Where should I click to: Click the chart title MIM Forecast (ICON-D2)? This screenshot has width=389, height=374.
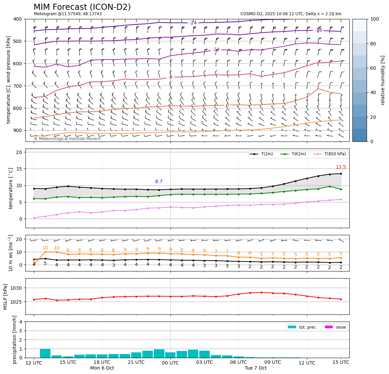tap(82, 7)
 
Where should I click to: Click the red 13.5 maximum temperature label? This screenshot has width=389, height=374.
tap(341, 167)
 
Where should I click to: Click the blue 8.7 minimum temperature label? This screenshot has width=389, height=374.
tap(159, 182)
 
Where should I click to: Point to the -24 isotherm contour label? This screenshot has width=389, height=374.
tap(193, 23)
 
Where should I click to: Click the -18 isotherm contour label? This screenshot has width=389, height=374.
tap(318, 30)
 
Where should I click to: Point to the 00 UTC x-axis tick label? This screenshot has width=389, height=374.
tap(170, 362)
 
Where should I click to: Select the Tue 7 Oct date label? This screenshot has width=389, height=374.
tap(255, 368)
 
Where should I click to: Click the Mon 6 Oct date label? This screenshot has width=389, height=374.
tap(102, 368)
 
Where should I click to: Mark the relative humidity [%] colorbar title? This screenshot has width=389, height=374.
tap(383, 80)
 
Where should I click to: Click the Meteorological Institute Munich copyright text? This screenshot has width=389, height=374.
tap(67, 139)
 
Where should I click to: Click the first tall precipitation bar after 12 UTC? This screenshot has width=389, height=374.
tap(45, 353)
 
